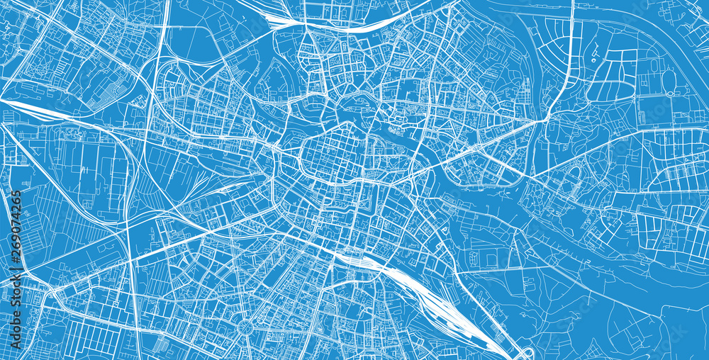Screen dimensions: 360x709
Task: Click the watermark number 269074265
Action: (x=16, y=230)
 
